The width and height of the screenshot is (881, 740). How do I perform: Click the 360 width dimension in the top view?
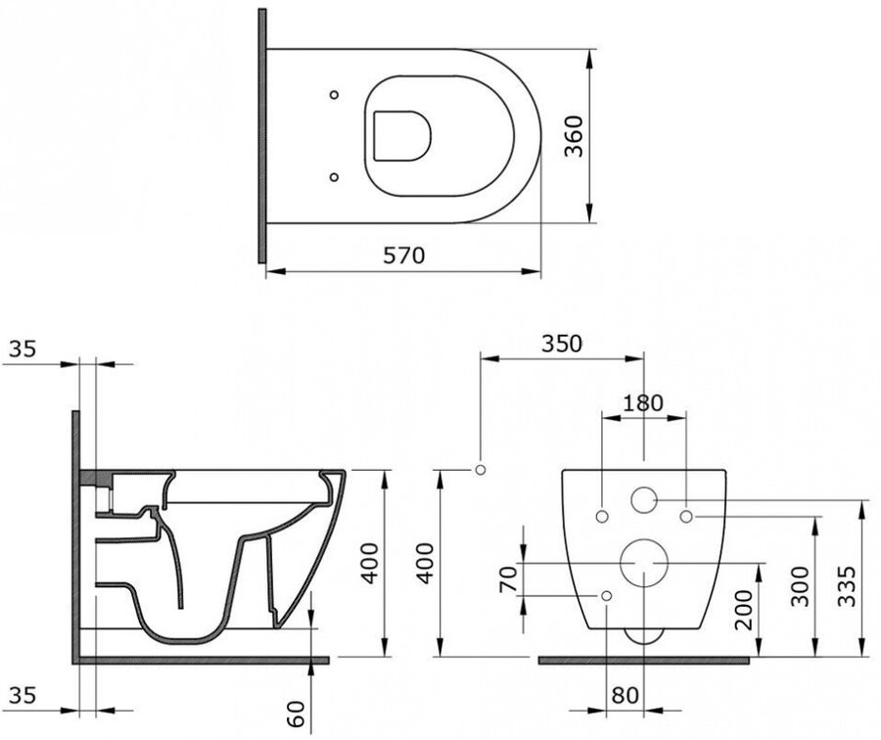[574, 136]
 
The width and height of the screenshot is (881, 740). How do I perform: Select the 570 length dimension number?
[404, 255]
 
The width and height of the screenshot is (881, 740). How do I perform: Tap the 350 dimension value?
[561, 344]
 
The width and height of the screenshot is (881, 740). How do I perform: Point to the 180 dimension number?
[643, 403]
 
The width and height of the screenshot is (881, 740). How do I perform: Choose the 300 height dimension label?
[800, 586]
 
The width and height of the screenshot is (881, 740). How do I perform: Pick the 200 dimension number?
[743, 610]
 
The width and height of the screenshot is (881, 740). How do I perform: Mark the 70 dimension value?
[507, 579]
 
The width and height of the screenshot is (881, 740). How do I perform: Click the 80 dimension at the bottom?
[626, 696]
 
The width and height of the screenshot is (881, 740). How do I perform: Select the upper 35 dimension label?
[23, 348]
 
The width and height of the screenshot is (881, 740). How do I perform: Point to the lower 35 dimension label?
[23, 696]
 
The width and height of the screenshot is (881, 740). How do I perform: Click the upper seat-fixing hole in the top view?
[334, 94]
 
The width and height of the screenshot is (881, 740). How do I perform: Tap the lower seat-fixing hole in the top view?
[334, 177]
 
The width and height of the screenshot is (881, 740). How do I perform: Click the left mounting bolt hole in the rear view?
[602, 517]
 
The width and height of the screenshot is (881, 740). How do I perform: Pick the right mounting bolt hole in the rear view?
[686, 517]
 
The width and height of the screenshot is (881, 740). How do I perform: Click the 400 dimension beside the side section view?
[369, 563]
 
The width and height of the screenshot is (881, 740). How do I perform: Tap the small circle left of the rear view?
[481, 470]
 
